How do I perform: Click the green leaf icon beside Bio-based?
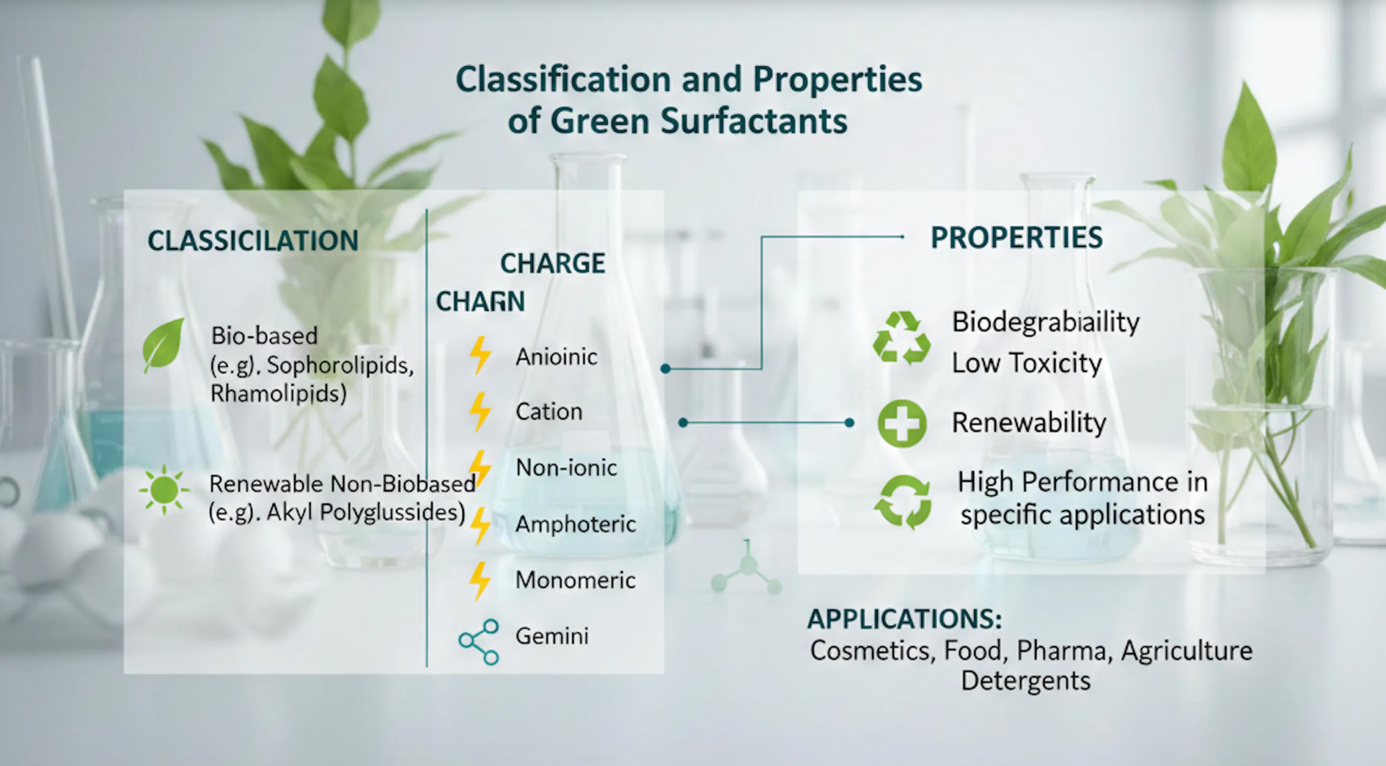coord(163,345)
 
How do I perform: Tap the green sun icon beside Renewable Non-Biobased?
coord(164,490)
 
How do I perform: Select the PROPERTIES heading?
coord(1016,238)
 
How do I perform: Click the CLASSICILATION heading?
coord(253,241)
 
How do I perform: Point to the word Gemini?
coord(552,636)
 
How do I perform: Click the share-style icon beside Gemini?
coord(479,642)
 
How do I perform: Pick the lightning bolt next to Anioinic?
coord(480,355)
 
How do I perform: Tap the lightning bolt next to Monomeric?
coord(480,581)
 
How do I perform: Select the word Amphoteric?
coord(576,524)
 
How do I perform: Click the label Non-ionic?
coord(566,468)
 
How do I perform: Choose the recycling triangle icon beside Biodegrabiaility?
coord(901,337)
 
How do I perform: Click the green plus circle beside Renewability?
coord(901,424)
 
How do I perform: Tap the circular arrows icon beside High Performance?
coord(903,502)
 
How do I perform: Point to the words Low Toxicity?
coord(1027,363)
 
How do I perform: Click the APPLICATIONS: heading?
coord(905,619)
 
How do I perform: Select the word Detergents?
coord(1025,681)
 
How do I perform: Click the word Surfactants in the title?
coord(754,121)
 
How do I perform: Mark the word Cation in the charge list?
coord(549,412)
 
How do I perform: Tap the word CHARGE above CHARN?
coord(552,264)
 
